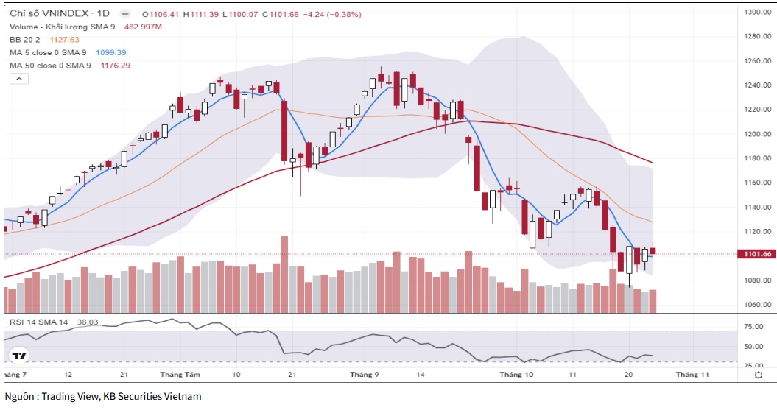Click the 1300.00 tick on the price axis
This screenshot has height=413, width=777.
[756, 13]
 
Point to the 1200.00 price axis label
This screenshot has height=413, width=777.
[756, 134]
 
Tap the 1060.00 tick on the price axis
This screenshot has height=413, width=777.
[756, 305]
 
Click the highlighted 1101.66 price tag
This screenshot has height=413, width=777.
[757, 254]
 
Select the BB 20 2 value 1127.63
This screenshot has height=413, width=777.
[64, 40]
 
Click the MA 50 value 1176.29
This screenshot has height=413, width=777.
[115, 66]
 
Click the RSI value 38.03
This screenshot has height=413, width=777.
[88, 322]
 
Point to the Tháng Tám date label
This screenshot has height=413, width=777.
[180, 375]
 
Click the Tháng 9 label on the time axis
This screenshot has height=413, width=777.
[365, 375]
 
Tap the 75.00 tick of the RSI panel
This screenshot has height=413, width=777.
[753, 327]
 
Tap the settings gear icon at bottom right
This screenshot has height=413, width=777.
[759, 375]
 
